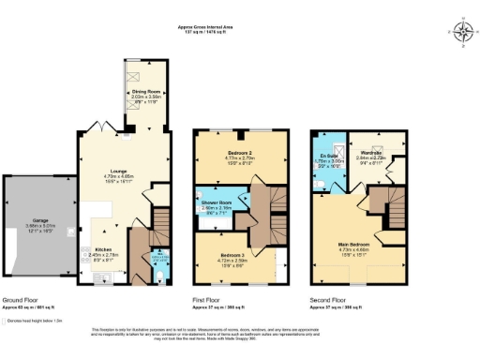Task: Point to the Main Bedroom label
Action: tap(356, 246)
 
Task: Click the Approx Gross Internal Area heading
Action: tap(207, 27)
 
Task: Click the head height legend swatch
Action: tap(7, 319)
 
